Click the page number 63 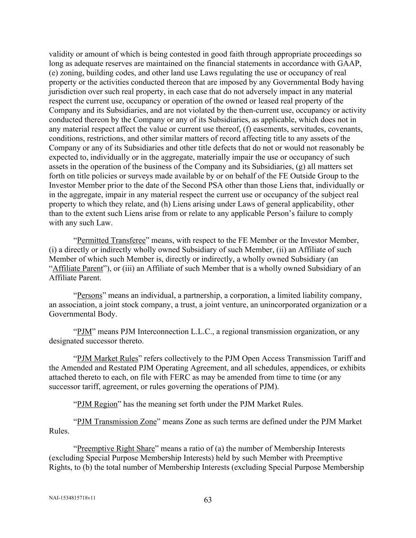(x=208, y=500)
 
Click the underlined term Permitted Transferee (x=111, y=240)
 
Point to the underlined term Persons (x=90, y=295)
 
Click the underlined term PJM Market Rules (x=108, y=358)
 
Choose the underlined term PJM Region (x=97, y=404)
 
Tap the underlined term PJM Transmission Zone (x=117, y=421)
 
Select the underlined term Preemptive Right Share (x=116, y=449)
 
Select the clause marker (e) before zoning (x=54, y=73)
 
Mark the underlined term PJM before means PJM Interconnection (x=84, y=331)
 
